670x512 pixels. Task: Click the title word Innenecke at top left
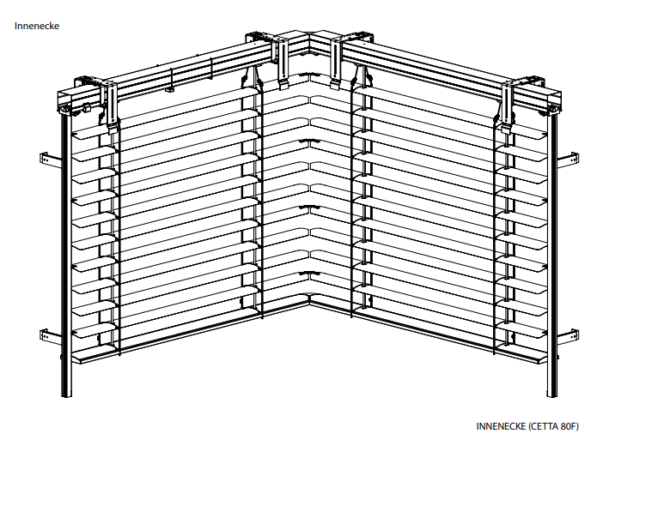(37, 26)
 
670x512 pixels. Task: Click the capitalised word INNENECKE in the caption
(501, 426)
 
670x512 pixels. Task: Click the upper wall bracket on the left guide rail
(52, 160)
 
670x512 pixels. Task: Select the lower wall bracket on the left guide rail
(52, 336)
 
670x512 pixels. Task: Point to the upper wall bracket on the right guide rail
(569, 160)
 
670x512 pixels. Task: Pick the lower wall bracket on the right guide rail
(569, 336)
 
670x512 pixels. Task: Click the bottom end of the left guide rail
(67, 395)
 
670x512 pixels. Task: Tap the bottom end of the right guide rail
(552, 395)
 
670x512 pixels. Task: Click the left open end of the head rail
(65, 103)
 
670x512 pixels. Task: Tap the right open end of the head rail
(552, 103)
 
